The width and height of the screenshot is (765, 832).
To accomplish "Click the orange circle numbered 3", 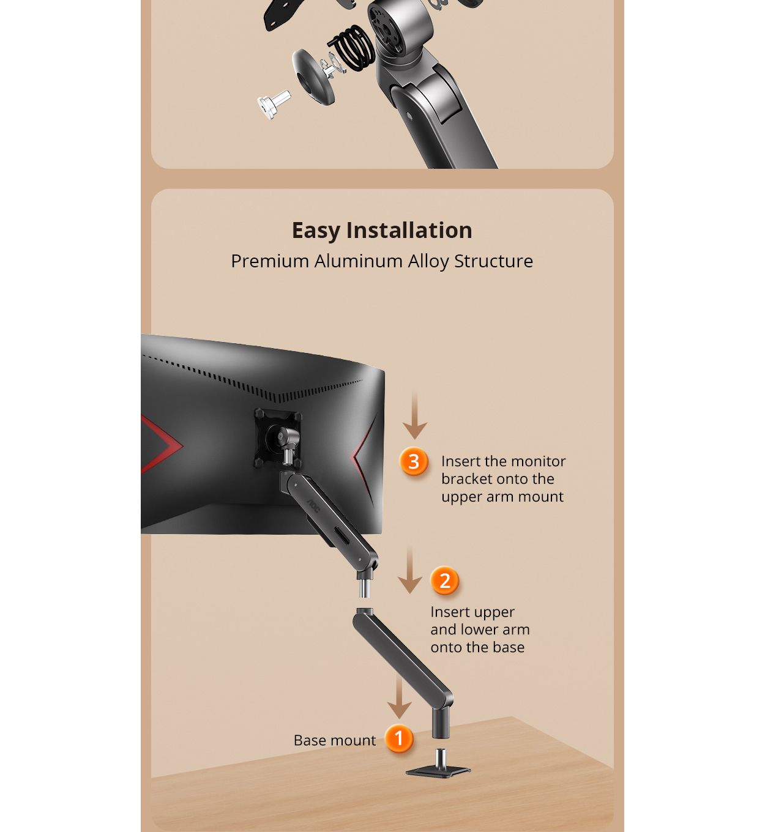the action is click(x=414, y=461).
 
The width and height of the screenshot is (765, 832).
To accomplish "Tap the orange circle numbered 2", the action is click(x=444, y=580).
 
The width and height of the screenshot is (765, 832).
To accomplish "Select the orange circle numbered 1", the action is click(x=399, y=738).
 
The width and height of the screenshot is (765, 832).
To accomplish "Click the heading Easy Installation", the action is click(x=382, y=230).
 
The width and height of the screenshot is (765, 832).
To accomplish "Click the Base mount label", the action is click(x=335, y=740).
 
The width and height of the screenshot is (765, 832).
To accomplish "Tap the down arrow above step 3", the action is click(x=415, y=415).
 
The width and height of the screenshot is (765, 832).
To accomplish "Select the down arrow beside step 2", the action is click(x=410, y=570).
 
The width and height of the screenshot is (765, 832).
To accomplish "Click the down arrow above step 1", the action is click(x=399, y=696).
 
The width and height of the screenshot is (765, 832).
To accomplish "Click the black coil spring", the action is click(x=352, y=48).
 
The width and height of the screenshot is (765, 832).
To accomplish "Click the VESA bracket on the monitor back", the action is click(x=278, y=438).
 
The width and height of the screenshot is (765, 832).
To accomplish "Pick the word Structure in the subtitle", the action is click(x=493, y=261).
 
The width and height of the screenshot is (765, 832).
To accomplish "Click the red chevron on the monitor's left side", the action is click(x=160, y=445).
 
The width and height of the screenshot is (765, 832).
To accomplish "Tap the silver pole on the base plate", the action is click(x=441, y=759).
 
